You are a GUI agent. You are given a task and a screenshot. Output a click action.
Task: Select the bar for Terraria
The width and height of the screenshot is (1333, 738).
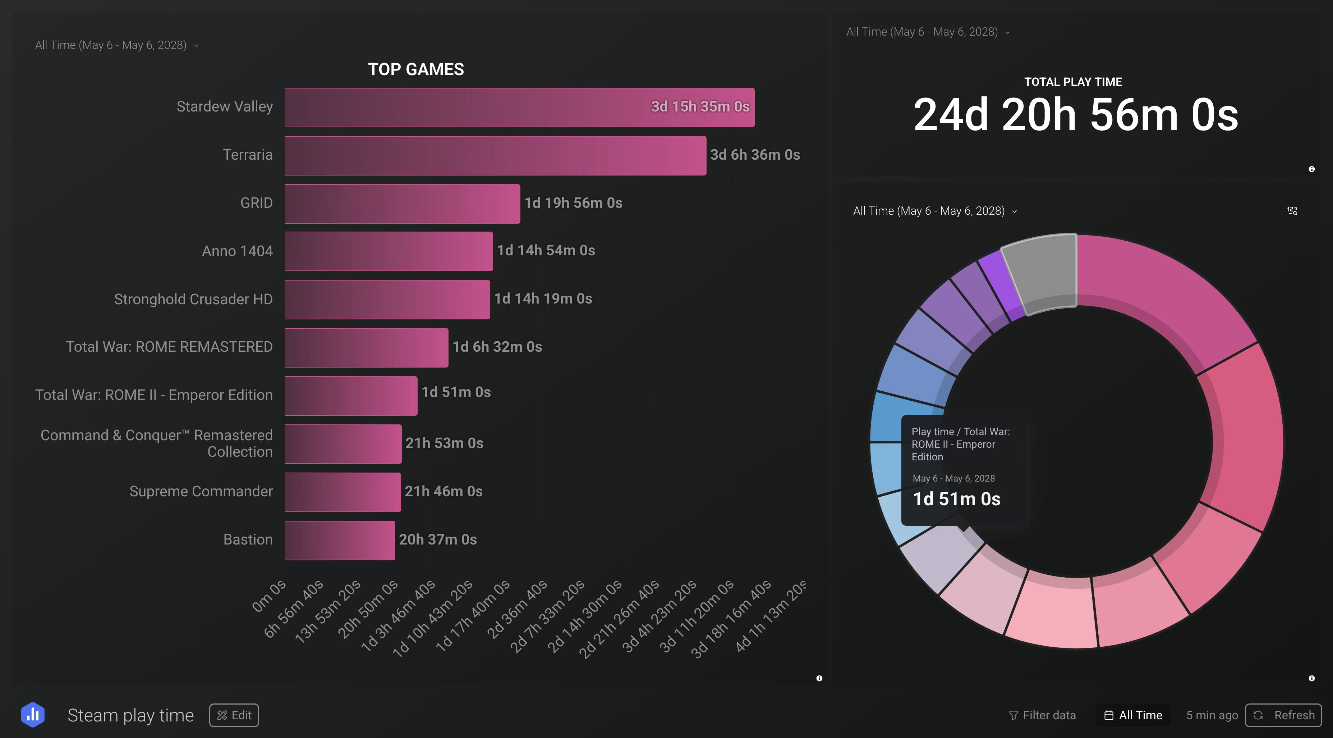click(495, 155)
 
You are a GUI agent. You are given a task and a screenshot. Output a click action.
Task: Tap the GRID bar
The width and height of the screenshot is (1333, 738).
click(402, 204)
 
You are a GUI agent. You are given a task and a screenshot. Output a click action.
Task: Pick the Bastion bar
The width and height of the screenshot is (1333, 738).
click(340, 540)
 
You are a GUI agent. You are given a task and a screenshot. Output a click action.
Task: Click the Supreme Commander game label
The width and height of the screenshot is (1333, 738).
click(201, 491)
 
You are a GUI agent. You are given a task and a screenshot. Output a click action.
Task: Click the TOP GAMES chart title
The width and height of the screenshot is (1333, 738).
click(416, 69)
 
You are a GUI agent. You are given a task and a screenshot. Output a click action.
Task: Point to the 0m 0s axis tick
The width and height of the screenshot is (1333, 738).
click(269, 595)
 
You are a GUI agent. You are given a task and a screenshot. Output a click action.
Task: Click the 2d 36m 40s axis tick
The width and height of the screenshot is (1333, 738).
click(516, 609)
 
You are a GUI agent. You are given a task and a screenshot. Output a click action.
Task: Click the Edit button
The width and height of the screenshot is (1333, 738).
click(234, 715)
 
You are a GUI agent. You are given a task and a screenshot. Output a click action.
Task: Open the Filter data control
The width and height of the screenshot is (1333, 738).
click(1042, 715)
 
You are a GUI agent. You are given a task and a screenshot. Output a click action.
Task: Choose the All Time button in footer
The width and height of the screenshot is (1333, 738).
click(1133, 715)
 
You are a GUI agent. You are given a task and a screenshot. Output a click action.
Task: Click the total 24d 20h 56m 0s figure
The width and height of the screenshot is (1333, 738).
click(1076, 115)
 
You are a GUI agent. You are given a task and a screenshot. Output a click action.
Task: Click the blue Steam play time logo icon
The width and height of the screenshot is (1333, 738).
click(33, 715)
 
